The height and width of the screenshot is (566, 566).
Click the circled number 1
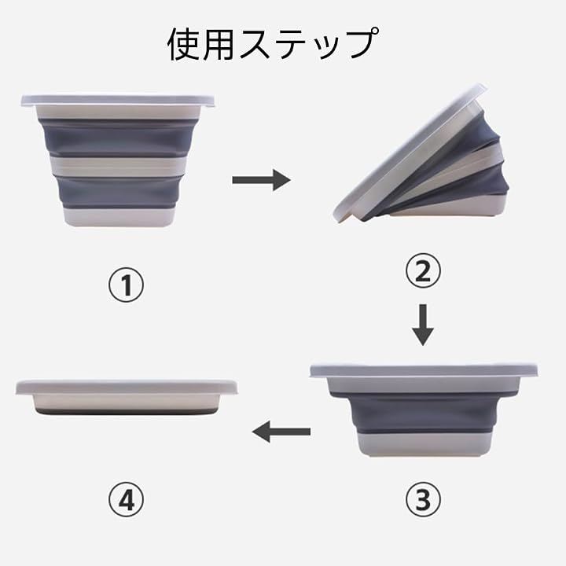tap(126, 285)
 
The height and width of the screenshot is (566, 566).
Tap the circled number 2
tap(423, 271)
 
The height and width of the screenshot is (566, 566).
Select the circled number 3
tap(423, 499)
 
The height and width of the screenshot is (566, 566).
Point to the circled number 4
tap(126, 499)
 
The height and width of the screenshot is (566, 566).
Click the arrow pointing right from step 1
tap(261, 180)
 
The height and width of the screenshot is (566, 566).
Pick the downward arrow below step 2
tap(423, 325)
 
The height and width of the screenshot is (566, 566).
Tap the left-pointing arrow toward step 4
tap(281, 432)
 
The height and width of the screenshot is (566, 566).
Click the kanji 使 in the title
tap(184, 44)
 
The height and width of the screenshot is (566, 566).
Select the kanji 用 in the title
tap(218, 44)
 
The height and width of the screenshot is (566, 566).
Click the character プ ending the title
tap(362, 43)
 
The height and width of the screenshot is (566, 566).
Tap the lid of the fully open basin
tap(118, 100)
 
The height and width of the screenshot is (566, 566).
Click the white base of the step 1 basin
tap(119, 217)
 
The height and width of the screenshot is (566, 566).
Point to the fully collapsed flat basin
tap(127, 396)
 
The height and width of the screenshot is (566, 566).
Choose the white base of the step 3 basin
tap(424, 444)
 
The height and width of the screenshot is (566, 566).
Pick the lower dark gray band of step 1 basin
tap(119, 191)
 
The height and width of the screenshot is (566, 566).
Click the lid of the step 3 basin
tap(424, 371)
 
